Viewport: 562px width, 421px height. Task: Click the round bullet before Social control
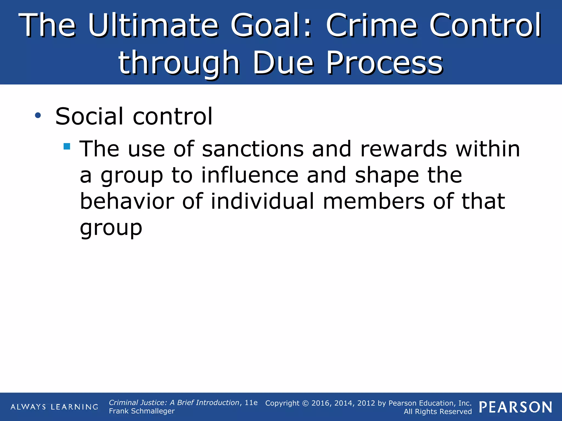tap(38, 116)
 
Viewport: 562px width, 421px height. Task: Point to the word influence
tap(250, 175)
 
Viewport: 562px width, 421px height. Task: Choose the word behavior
tap(127, 201)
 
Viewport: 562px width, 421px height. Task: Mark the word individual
tap(263, 201)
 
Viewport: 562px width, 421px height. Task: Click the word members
tap(374, 201)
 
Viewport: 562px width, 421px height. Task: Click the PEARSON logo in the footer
tap(516, 407)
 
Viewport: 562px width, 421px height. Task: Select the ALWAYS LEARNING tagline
tap(54, 407)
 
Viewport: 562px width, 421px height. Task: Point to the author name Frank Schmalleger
tap(142, 411)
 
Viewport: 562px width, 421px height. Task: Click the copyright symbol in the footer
tap(305, 403)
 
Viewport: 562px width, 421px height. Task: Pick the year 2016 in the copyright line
tap(321, 403)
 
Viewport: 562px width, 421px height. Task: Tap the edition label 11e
tap(251, 403)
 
